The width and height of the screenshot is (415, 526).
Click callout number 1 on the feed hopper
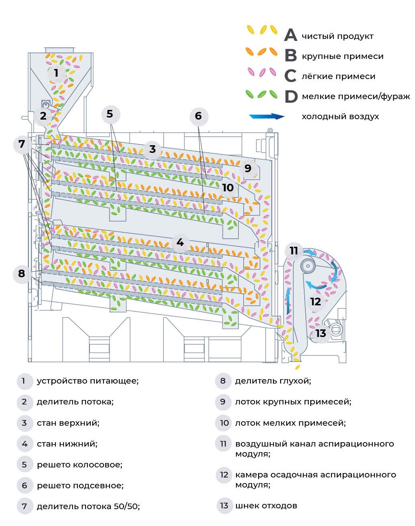pyautogui.click(x=56, y=73)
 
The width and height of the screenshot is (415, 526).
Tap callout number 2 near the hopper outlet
pyautogui.click(x=43, y=116)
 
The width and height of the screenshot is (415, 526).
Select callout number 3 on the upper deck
pyautogui.click(x=152, y=149)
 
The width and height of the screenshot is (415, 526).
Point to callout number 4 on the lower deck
pyautogui.click(x=180, y=242)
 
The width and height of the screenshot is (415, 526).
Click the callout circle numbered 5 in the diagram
pyautogui.click(x=110, y=114)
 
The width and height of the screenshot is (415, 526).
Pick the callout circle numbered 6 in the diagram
pyautogui.click(x=198, y=116)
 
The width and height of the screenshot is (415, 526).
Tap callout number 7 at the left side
pyautogui.click(x=22, y=144)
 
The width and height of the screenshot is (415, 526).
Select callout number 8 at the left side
pyautogui.click(x=22, y=274)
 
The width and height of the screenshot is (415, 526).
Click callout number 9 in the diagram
pyautogui.click(x=248, y=168)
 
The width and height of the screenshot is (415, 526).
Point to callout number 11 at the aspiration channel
pyautogui.click(x=294, y=251)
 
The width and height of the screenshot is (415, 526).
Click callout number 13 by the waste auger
pyautogui.click(x=320, y=333)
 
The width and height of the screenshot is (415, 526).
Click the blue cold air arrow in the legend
pyautogui.click(x=267, y=116)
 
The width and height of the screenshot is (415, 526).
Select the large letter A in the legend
pyautogui.click(x=291, y=35)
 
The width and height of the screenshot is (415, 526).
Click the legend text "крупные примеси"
pyautogui.click(x=342, y=56)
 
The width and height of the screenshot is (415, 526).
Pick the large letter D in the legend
pyautogui.click(x=291, y=97)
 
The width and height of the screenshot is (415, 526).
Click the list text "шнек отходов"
pyautogui.click(x=266, y=506)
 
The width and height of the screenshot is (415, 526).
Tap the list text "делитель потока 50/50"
pyautogui.click(x=88, y=506)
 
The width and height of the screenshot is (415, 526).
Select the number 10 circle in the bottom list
pyautogui.click(x=224, y=422)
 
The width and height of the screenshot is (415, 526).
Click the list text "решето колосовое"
pyautogui.click(x=79, y=465)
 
